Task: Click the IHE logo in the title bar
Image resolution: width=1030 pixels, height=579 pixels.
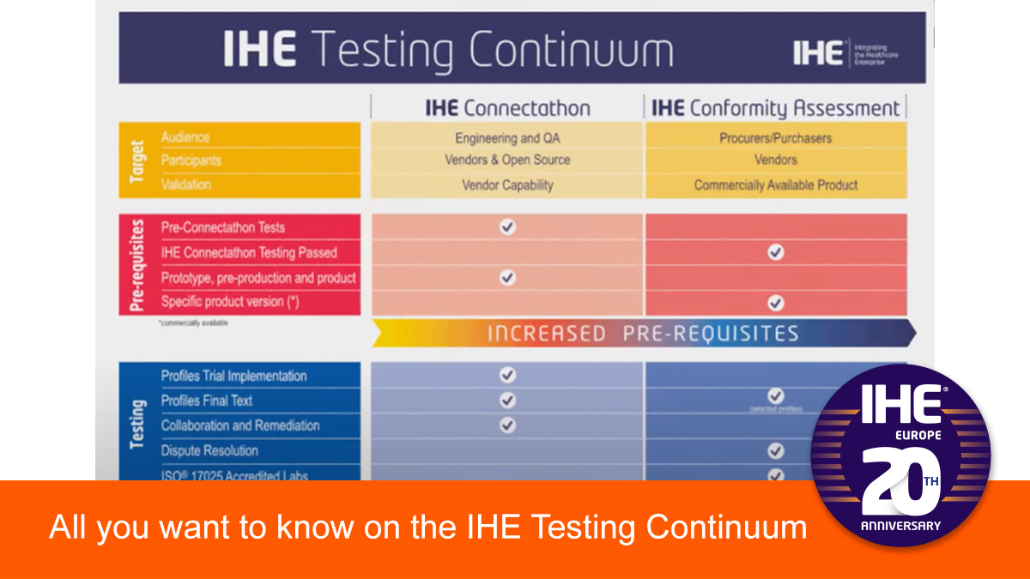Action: (x=818, y=53)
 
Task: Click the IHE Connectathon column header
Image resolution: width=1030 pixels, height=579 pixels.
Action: (x=507, y=108)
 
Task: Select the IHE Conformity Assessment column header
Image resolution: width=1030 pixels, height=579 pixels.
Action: (x=775, y=108)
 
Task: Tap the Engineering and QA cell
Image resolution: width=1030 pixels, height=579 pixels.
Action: (x=507, y=137)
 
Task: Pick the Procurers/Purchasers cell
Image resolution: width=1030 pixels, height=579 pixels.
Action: (x=775, y=137)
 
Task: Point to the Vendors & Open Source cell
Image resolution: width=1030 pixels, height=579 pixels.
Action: (x=507, y=160)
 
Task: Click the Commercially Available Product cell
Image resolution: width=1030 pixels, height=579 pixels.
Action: (x=775, y=184)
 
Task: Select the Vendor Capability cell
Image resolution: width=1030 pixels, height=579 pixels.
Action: (x=507, y=184)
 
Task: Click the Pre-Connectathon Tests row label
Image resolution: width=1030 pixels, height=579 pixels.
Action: (x=222, y=227)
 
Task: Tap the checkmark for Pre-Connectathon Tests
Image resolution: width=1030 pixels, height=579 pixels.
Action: (x=507, y=227)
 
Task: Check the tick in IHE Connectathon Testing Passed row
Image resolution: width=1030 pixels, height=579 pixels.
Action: (x=775, y=252)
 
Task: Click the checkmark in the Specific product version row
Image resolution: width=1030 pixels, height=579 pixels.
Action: (x=775, y=302)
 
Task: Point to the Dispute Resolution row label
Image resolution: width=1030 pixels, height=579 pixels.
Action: (x=209, y=450)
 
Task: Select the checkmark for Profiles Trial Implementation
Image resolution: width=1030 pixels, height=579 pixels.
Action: (x=507, y=375)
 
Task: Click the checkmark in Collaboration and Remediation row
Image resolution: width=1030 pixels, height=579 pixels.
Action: (x=507, y=425)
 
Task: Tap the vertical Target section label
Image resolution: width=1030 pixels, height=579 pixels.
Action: (x=137, y=160)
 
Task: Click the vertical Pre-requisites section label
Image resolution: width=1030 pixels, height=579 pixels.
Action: (x=137, y=265)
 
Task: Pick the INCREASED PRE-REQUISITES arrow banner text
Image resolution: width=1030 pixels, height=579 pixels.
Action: (x=643, y=333)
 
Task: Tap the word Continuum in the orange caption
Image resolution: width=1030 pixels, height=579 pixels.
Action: (x=726, y=527)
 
